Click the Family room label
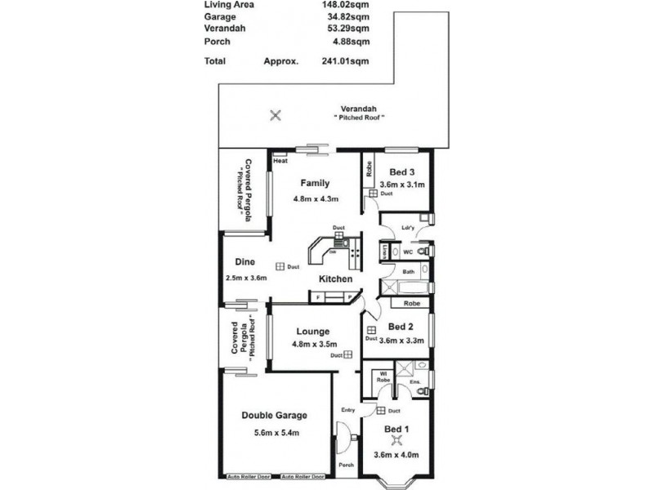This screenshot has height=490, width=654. click(x=315, y=182)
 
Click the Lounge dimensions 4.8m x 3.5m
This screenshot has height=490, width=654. click(x=313, y=344)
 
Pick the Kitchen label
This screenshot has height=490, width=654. click(x=335, y=279)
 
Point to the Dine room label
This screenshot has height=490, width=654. click(x=245, y=262)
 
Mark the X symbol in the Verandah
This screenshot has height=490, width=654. click(x=275, y=115)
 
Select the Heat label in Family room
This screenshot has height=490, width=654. click(x=280, y=161)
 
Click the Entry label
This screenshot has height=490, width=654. click(x=347, y=411)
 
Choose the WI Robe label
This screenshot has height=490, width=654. click(x=382, y=377)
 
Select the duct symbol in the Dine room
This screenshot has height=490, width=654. click(x=280, y=266)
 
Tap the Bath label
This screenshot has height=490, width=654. click(x=408, y=271)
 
